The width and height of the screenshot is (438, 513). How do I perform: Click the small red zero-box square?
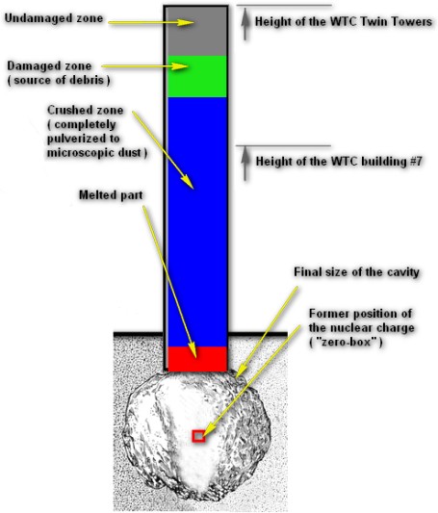[198, 436]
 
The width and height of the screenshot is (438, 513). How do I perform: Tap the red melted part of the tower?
[197, 359]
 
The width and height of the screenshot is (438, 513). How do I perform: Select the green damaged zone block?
[197, 77]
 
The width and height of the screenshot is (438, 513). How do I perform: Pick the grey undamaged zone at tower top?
[196, 32]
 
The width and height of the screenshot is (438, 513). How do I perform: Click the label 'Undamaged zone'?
[54, 18]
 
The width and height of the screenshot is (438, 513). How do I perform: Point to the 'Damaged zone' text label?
[49, 66]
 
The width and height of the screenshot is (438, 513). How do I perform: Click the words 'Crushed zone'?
[85, 110]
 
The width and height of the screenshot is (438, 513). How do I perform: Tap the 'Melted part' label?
[111, 195]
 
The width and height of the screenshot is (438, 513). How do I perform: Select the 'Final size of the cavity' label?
[356, 272]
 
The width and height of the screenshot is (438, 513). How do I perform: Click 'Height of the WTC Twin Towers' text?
[344, 22]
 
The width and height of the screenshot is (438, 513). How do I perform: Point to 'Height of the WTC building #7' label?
[339, 162]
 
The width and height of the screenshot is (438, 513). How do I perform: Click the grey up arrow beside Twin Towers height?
[245, 24]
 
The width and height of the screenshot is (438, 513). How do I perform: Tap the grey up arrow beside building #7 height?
[245, 164]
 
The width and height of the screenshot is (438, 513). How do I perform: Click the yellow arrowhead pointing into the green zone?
[180, 66]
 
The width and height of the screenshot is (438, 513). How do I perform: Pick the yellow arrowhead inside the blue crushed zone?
[188, 182]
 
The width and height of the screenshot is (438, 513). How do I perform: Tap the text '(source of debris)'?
[59, 81]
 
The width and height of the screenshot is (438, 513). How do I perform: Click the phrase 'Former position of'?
[360, 314]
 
